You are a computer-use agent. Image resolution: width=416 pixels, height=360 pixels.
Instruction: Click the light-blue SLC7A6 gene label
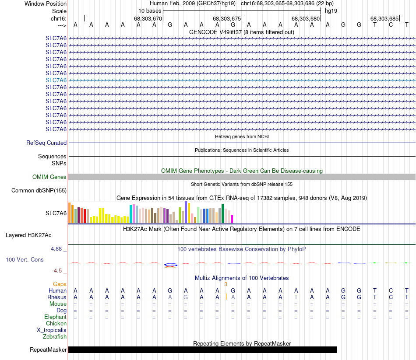[56, 80]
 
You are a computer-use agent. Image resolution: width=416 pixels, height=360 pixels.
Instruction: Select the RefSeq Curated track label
[46, 143]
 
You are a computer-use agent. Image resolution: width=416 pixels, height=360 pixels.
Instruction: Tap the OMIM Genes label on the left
[49, 177]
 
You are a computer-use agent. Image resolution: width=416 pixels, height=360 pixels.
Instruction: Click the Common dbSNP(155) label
[39, 190]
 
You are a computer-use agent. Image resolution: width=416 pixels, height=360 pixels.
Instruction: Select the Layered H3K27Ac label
[28, 235]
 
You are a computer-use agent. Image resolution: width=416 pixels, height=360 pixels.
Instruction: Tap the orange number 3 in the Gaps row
[226, 284]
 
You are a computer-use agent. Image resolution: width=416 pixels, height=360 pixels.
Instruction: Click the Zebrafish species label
[55, 336]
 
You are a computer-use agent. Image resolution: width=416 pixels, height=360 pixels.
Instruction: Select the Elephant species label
[55, 317]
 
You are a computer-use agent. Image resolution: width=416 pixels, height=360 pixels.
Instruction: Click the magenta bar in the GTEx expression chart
[232, 219]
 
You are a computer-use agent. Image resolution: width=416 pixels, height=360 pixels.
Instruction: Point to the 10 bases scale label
[150, 10]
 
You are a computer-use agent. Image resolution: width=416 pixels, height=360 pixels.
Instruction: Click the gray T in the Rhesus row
[296, 297]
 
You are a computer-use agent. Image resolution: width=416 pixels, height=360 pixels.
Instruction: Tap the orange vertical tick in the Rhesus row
[226, 297]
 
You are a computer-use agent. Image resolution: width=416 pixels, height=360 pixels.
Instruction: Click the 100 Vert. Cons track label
[25, 259]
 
